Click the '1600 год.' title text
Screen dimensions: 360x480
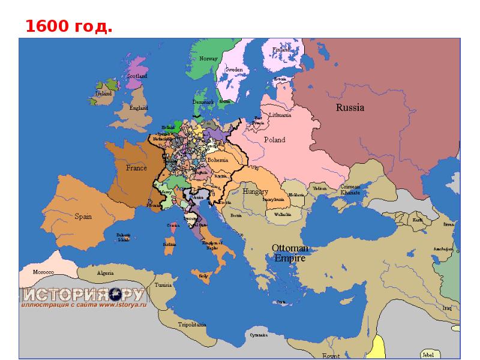pyautogui.click(x=68, y=26)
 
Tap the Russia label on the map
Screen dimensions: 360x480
pyautogui.click(x=350, y=108)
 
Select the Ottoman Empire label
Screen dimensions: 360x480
pyautogui.click(x=290, y=253)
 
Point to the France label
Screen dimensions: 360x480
pyautogui.click(x=136, y=168)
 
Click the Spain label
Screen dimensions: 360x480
pyautogui.click(x=83, y=216)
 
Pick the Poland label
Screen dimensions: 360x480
pyautogui.click(x=275, y=140)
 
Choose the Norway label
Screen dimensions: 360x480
pyautogui.click(x=208, y=59)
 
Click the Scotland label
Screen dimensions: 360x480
pyautogui.click(x=137, y=76)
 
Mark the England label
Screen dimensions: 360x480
pyautogui.click(x=139, y=108)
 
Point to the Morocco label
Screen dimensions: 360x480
pyautogui.click(x=43, y=272)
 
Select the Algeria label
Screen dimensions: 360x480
pyautogui.click(x=105, y=273)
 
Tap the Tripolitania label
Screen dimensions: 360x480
pyautogui.click(x=192, y=324)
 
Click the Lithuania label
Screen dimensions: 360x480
pyautogui.click(x=280, y=115)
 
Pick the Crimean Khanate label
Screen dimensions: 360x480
pyautogui.click(x=350, y=190)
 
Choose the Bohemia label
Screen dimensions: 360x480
pyautogui.click(x=218, y=161)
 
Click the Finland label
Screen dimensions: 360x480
pyautogui.click(x=281, y=50)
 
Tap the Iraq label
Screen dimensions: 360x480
pyautogui.click(x=446, y=308)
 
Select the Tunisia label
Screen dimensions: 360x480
pyautogui.click(x=163, y=285)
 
